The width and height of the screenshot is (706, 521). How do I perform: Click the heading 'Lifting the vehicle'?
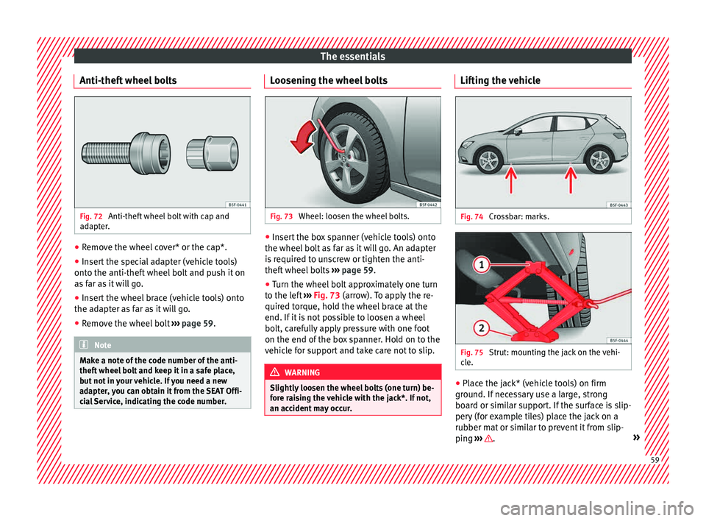[x=498, y=79]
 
